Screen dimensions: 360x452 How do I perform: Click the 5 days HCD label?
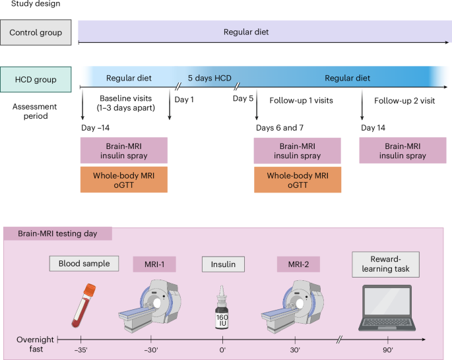click(x=209, y=78)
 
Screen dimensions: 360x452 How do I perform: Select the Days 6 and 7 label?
click(x=283, y=126)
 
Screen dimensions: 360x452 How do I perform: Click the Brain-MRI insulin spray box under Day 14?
click(x=402, y=151)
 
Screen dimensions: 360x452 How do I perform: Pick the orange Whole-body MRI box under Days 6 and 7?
click(x=298, y=179)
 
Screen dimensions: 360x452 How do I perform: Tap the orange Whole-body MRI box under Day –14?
click(x=124, y=179)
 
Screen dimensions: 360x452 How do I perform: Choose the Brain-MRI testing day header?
click(x=58, y=233)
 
